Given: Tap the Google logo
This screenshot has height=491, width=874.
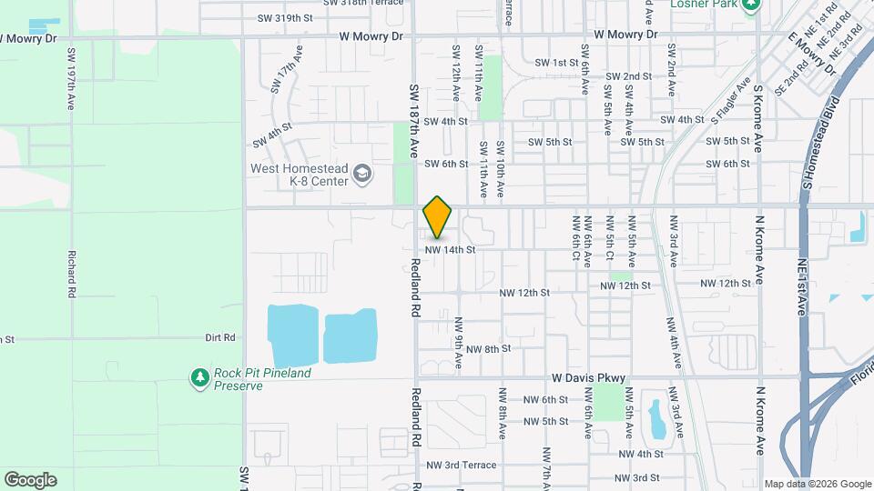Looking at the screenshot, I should pos(30,480).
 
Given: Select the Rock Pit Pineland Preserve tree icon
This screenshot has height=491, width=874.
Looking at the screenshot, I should pos(199,376).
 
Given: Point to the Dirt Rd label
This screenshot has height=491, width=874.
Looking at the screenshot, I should pos(220,337).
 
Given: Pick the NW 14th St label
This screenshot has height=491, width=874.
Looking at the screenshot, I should pos(451,249).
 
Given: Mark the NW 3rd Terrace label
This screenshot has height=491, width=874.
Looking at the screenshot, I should pos(471,464).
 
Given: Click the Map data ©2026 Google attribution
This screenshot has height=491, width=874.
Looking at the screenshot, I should pos(817,483).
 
